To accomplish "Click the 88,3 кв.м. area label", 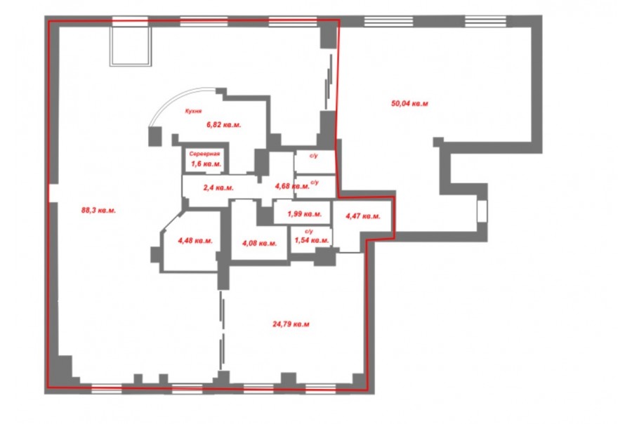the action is point(99,211).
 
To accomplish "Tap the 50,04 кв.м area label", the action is point(409,104).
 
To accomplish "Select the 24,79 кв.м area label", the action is point(291,324).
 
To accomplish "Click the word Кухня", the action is point(193,111).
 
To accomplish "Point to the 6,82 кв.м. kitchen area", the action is point(224,125).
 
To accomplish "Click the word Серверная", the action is point(205,154).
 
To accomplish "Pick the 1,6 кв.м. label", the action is point(206,164).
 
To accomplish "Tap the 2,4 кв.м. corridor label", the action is point(218,187).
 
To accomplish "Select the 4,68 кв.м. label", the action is point(292,186).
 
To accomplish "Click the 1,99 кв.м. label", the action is point(304,214).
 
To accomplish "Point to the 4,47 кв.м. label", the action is point(363,216).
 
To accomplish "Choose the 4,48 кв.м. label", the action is point(195,241).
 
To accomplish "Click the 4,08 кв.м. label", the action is point(259,244).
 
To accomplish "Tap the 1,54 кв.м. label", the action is point(312,241).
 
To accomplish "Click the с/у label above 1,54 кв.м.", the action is point(309,232).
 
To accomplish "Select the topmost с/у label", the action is point(314,156).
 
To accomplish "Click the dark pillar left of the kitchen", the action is point(155,136).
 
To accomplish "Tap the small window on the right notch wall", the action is point(482,211).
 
